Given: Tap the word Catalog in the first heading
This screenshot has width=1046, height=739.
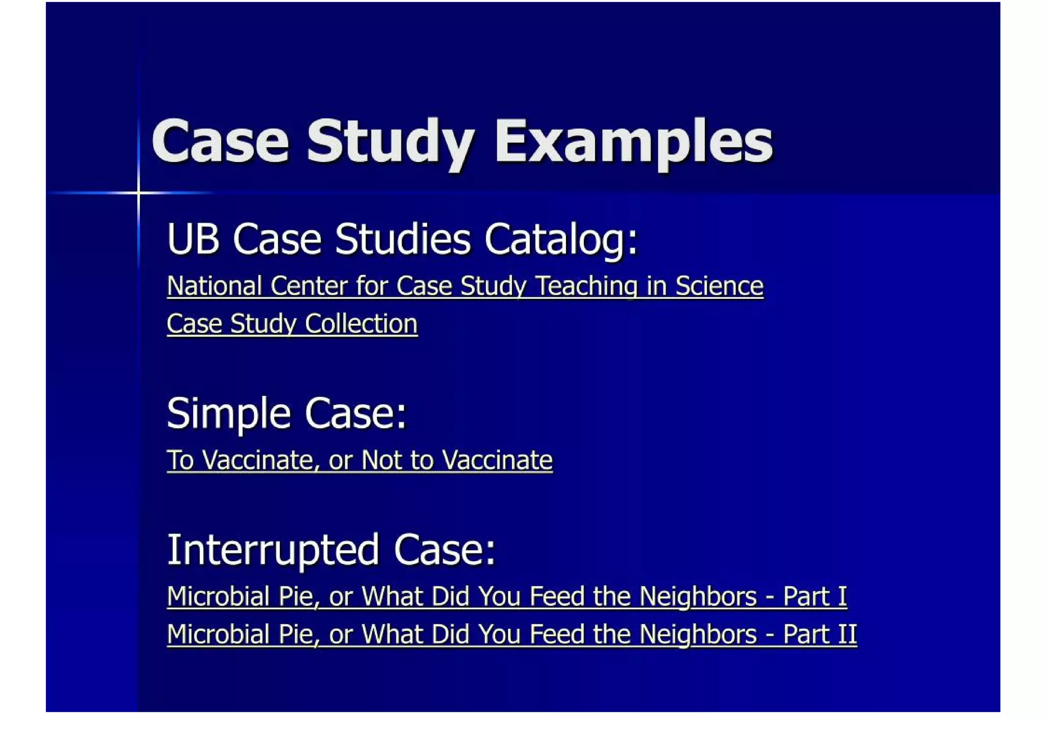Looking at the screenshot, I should coord(561,239).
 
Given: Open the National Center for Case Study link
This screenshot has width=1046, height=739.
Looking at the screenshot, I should coord(465,286).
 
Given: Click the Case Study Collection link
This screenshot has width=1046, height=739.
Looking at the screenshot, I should coord(292,324).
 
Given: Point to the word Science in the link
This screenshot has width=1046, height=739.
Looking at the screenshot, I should coord(719,286).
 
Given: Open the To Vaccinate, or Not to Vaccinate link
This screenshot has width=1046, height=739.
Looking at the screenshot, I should coord(360,460).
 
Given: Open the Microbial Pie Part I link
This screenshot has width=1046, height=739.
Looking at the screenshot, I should coord(507,597).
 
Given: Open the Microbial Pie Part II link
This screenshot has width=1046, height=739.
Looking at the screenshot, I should coord(512,634).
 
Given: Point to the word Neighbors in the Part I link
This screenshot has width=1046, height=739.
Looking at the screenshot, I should coord(698,597).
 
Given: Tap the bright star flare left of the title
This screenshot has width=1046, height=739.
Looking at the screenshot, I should coord(138,193).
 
